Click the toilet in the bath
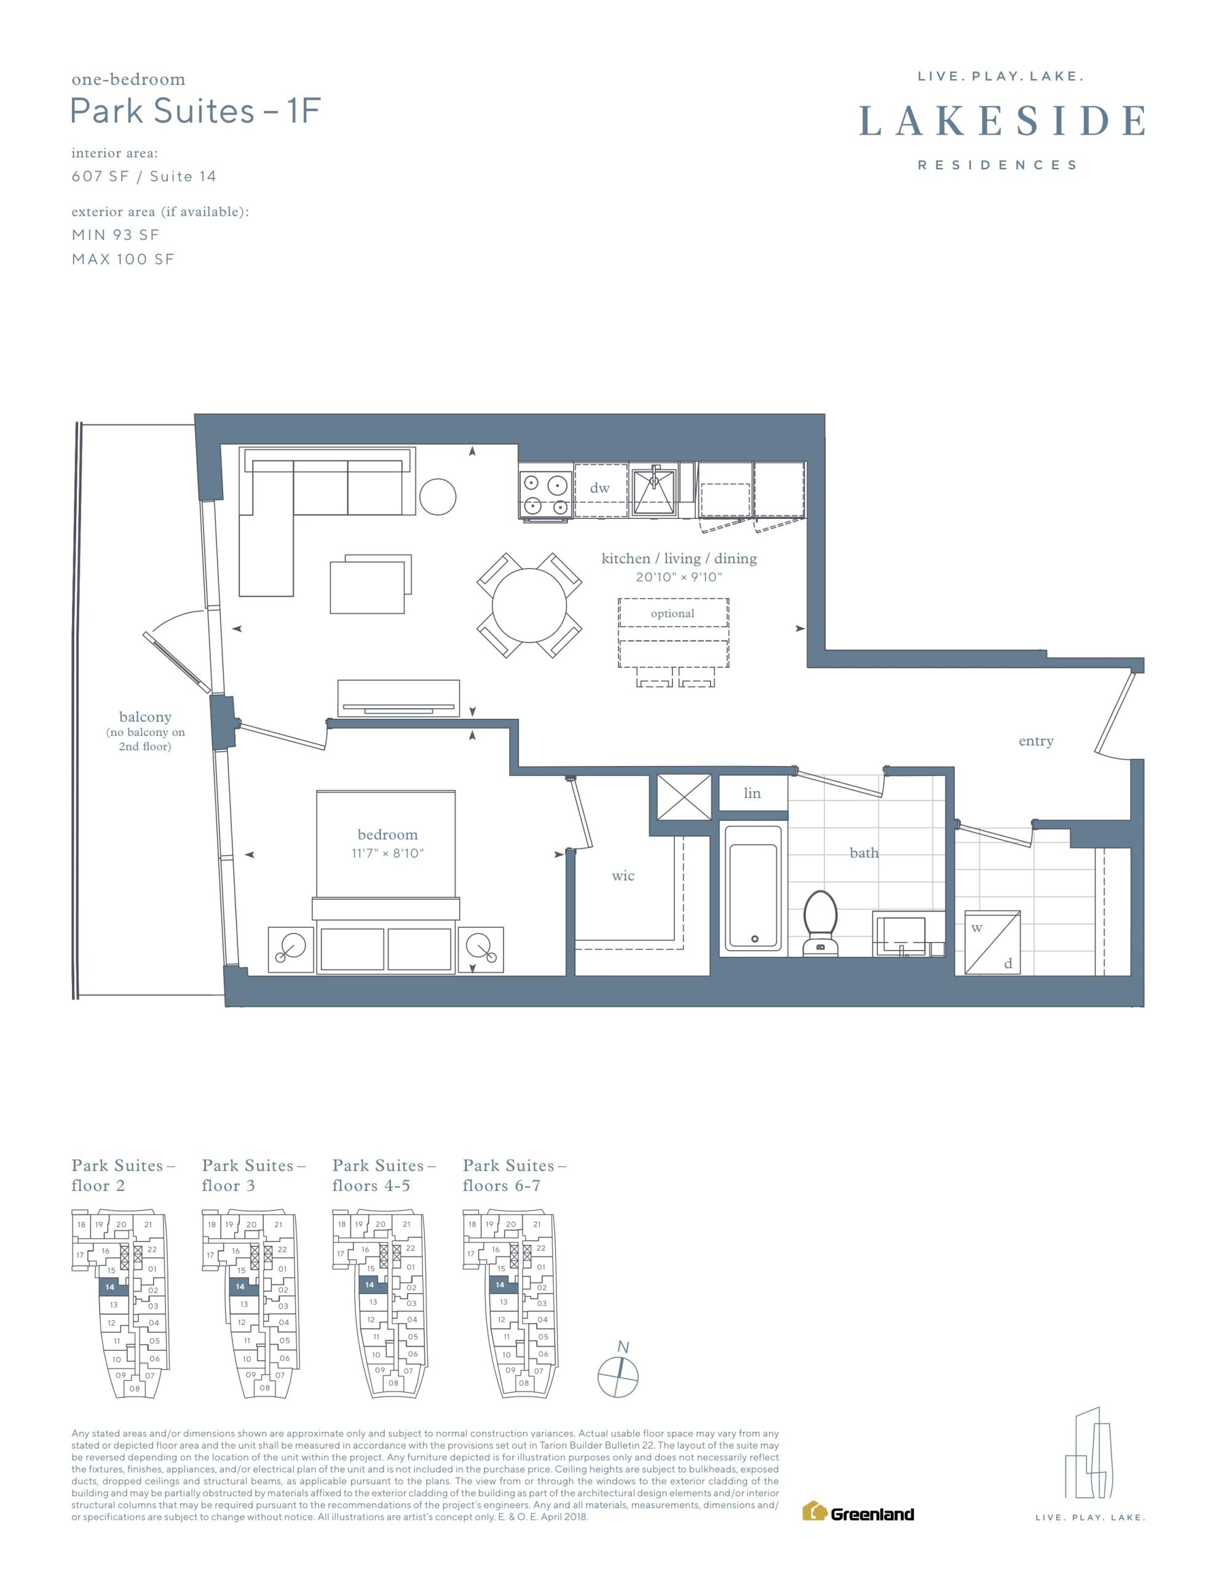coord(820,922)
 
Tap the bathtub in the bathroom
coord(753,888)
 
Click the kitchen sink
coord(653,491)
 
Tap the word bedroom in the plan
coord(388,834)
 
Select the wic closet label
coord(623,876)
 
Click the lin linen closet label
coord(752,793)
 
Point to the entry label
coord(1036,741)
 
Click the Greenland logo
coord(858,1514)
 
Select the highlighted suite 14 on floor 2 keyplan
coord(112,1287)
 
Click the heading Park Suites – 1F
coord(195,112)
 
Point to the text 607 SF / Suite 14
coord(143,176)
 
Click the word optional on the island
coord(673,614)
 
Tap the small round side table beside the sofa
coord(438,497)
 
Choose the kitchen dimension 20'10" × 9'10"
coord(678,577)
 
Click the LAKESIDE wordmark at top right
coord(1002,121)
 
